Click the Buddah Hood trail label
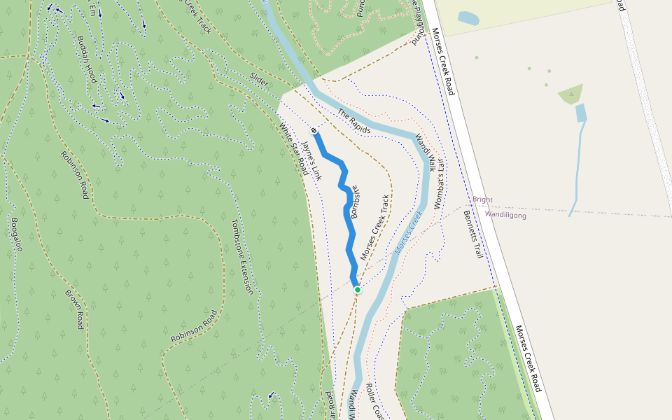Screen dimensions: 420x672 [87, 59]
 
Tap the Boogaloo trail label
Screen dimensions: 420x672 [16, 234]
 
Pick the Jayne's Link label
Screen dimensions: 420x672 [311, 162]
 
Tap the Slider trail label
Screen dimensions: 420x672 [258, 81]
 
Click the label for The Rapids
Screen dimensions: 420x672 [353, 121]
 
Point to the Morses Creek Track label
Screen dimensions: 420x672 [374, 228]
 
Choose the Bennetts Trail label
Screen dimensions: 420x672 [474, 237]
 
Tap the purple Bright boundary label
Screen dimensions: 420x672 [482, 199]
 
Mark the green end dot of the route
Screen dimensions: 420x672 [357, 289]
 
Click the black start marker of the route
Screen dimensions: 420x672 [314, 131]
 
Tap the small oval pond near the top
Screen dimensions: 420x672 [468, 18]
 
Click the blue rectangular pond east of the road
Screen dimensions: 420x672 [580, 112]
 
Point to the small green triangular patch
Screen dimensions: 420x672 [573, 94]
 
